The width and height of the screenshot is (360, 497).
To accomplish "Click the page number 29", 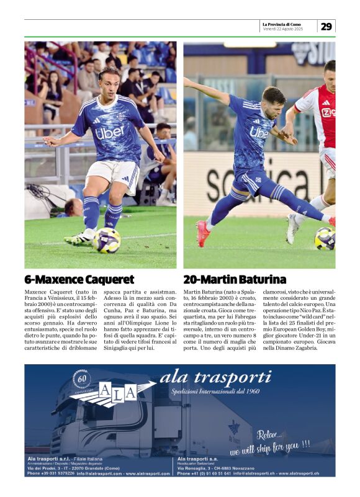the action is tap(326, 26).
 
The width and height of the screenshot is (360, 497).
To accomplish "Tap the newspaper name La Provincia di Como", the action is tap(285, 24).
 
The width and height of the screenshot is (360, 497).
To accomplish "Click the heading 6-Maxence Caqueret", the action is tap(79, 279).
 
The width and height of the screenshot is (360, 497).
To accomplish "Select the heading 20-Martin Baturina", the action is tap(235, 279).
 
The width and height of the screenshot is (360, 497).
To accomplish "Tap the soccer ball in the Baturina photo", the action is tap(325, 238).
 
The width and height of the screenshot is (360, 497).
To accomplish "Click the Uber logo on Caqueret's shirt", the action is tap(110, 132).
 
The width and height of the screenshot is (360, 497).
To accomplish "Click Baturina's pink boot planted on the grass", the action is tap(203, 233).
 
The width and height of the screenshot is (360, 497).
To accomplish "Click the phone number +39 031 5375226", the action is tap(51, 473).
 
